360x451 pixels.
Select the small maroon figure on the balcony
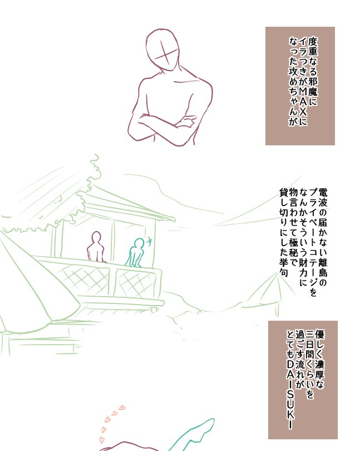pyautogui.click(x=97, y=247)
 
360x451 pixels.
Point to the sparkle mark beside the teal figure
pyautogui.click(x=150, y=241)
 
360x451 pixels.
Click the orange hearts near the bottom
pyautogui.click(x=111, y=420)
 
